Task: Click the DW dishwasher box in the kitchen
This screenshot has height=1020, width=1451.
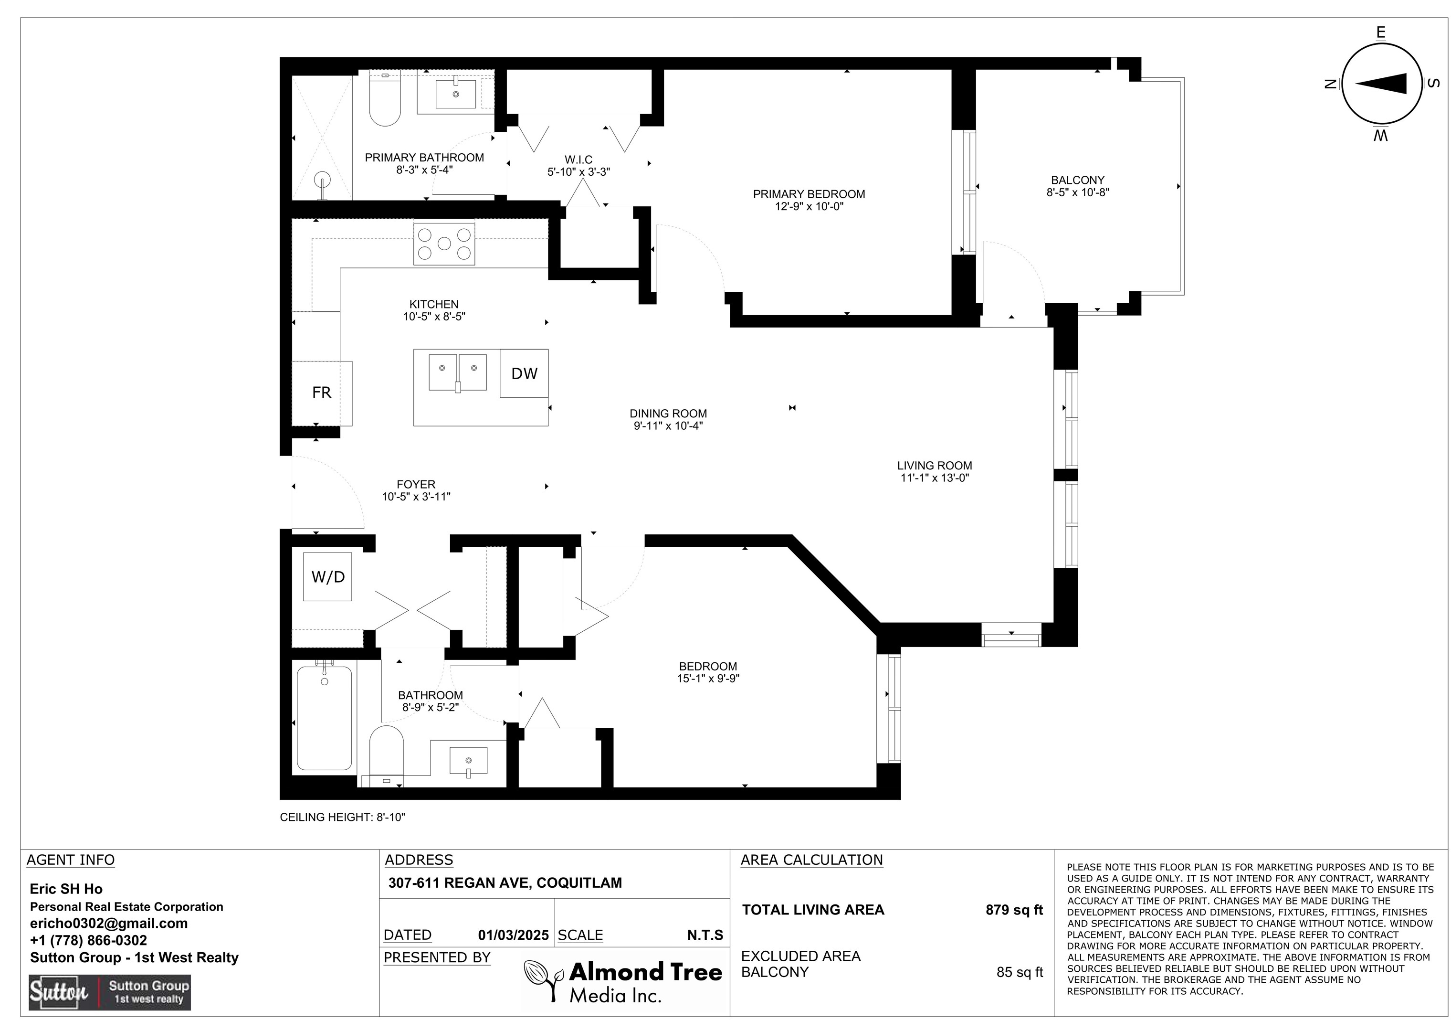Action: click(524, 373)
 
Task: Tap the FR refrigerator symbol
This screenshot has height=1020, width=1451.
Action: click(322, 393)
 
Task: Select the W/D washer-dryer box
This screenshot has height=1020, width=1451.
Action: click(328, 577)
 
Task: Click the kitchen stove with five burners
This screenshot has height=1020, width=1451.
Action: click(444, 243)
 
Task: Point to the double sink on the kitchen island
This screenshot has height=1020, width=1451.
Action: click(458, 372)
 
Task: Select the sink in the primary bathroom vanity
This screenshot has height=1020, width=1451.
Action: click(456, 94)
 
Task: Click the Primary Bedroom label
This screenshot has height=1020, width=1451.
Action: click(809, 194)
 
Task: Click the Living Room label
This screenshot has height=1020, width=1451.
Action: click(935, 466)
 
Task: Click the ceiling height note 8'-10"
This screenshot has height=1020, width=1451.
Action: click(343, 817)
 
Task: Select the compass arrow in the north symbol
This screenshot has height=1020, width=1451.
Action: click(1381, 84)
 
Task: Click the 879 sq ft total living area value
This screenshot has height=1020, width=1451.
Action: click(1014, 910)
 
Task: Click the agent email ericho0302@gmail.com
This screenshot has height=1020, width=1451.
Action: click(109, 923)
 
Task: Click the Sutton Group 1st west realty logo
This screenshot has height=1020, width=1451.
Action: click(110, 993)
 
